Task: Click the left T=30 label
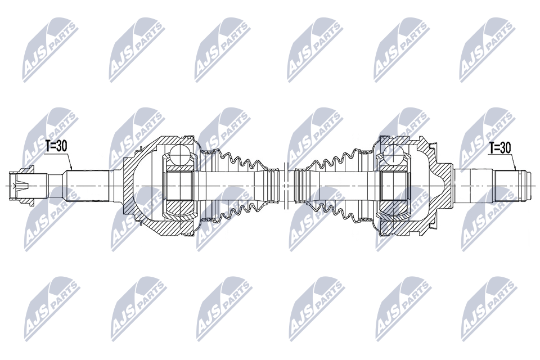(x=56, y=146)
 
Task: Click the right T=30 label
(x=500, y=148)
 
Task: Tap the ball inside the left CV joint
(x=180, y=154)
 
